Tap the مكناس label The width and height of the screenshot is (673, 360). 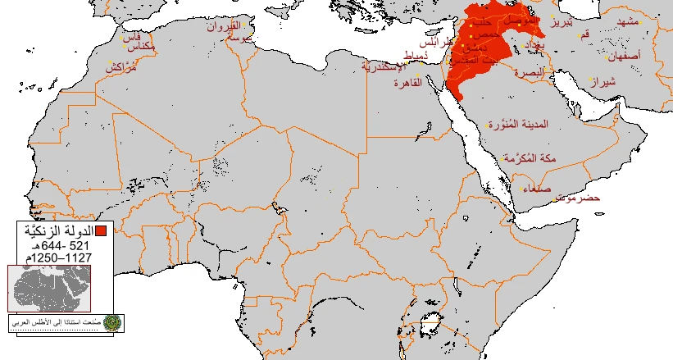click(x=144, y=48)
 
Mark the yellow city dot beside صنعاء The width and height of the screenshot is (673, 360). click(x=521, y=188)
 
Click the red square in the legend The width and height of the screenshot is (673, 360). click(x=101, y=230)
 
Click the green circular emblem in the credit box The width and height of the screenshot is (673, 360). click(x=111, y=322)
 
